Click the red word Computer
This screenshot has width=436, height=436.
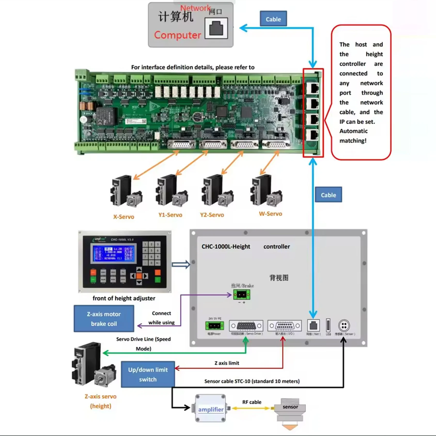(177, 35)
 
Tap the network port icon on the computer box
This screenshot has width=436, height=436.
(216, 28)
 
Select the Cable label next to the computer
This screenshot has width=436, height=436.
(273, 19)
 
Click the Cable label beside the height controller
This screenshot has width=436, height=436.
(328, 195)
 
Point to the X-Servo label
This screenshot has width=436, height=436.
(124, 217)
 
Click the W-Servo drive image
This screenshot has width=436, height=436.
(266, 191)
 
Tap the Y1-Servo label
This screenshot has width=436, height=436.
(170, 215)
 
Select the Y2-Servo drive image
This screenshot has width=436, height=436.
(217, 191)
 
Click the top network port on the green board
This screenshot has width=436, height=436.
(313, 89)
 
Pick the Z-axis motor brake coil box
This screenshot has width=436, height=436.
(104, 319)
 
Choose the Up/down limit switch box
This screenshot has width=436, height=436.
(148, 374)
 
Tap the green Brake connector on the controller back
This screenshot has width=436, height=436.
(242, 294)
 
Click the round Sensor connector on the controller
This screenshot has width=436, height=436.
(344, 326)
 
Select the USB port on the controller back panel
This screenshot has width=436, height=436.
(328, 325)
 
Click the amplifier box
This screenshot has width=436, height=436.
(211, 409)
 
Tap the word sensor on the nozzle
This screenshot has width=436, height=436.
(290, 407)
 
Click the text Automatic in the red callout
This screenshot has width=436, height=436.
(353, 131)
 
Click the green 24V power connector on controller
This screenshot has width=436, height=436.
(214, 326)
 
